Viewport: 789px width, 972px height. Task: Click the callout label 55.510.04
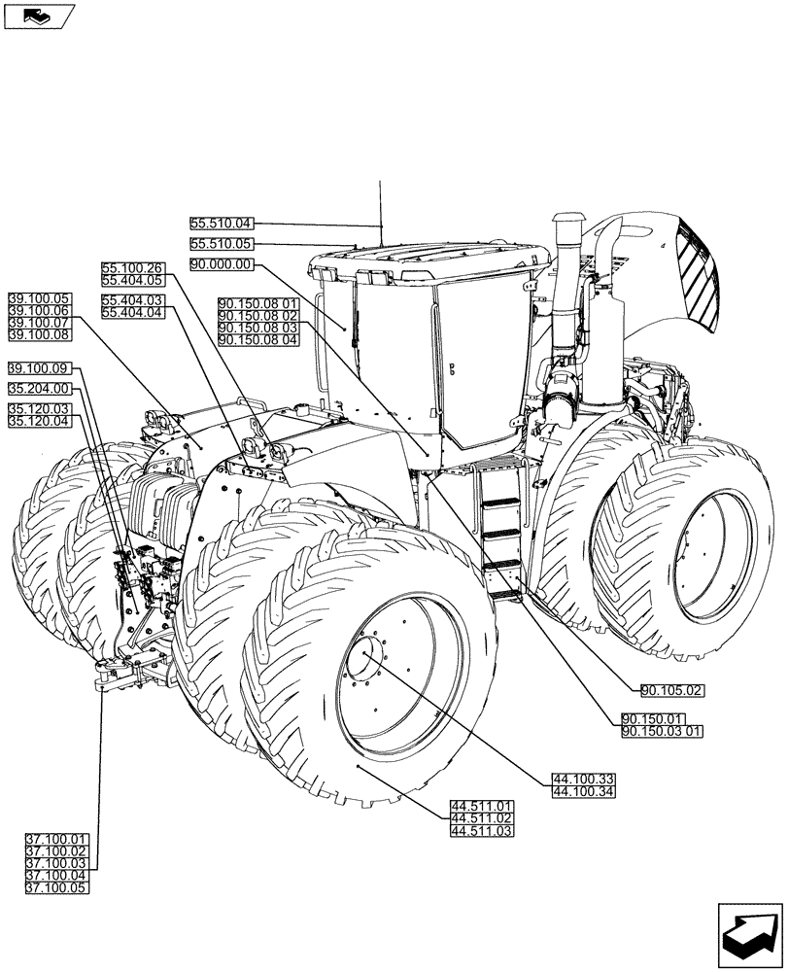click(x=221, y=224)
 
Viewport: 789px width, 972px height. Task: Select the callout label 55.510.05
click(x=221, y=244)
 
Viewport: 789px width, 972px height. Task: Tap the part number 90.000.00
click(x=221, y=264)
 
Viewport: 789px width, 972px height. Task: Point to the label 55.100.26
click(x=133, y=267)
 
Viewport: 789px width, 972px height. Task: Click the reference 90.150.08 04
click(x=258, y=339)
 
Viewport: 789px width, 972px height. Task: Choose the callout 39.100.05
click(x=39, y=297)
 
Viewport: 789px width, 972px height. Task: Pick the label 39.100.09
click(x=39, y=368)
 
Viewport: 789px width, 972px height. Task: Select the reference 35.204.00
click(x=39, y=389)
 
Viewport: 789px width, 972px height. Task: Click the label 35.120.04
click(x=39, y=421)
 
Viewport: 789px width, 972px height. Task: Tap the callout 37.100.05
click(x=56, y=887)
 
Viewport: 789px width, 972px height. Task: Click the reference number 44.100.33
click(x=583, y=780)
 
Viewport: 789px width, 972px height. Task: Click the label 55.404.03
click(x=133, y=300)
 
